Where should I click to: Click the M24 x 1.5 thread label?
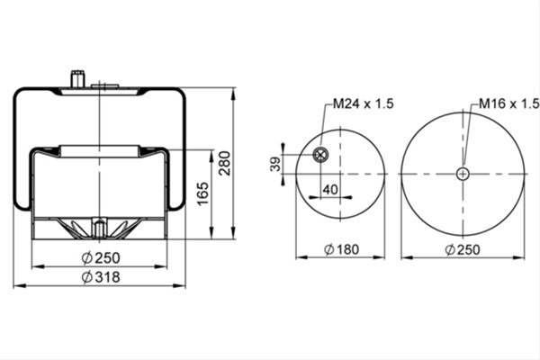[363, 103]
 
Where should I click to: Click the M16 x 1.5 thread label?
[509, 103]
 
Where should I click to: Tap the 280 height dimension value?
[225, 163]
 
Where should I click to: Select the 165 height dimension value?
[203, 193]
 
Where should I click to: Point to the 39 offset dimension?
[275, 164]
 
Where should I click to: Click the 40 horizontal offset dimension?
[330, 190]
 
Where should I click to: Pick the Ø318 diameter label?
[101, 277]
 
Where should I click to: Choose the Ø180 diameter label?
[342, 249]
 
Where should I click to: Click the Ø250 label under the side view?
[101, 257]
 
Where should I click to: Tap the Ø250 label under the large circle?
[463, 249]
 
